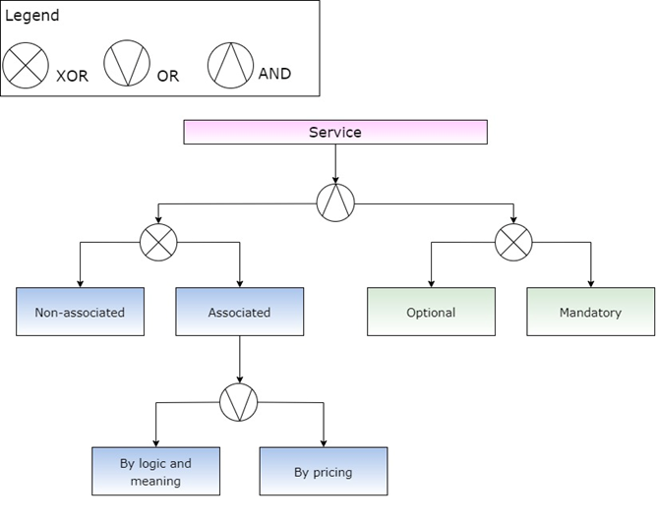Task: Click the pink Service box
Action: [334, 132]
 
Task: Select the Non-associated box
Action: [80, 313]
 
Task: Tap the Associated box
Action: [239, 313]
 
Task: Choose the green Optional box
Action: [431, 313]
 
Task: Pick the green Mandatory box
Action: [590, 313]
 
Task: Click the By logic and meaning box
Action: [155, 472]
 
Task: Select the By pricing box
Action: [323, 472]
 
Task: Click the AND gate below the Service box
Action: [335, 203]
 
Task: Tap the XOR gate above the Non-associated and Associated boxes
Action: [158, 242]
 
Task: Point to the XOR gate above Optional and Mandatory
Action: [512, 242]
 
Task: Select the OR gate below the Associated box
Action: [239, 401]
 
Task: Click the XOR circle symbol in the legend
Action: [25, 66]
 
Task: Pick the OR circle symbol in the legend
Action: [127, 65]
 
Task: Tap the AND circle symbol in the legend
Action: [229, 64]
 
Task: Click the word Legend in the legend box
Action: [32, 16]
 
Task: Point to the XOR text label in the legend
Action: [72, 77]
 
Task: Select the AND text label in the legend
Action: [274, 74]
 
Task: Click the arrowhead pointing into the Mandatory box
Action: [590, 283]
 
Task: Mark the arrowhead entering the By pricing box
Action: [323, 442]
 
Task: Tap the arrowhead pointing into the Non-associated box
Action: [80, 283]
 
